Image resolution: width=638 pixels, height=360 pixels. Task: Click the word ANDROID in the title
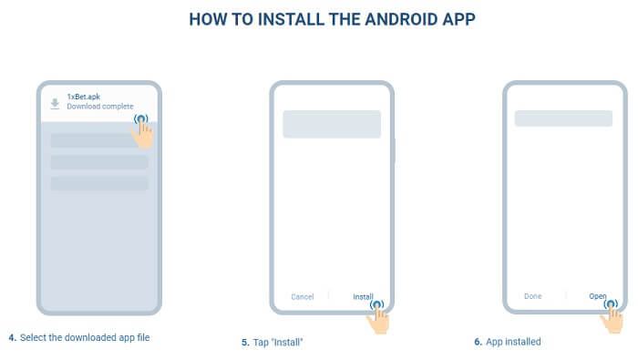point(401,19)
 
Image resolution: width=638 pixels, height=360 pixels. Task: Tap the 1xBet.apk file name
point(84,97)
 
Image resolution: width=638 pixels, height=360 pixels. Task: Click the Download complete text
point(100,106)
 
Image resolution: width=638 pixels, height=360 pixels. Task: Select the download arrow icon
point(55,104)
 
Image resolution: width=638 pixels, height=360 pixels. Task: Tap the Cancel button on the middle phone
point(303,296)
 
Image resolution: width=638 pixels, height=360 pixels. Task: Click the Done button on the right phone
point(532,296)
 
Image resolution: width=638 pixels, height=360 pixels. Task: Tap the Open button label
point(598,296)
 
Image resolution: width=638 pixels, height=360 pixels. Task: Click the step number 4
point(12,337)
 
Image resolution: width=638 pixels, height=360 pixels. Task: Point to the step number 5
point(245,343)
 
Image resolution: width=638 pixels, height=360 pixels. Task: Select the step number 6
point(478,342)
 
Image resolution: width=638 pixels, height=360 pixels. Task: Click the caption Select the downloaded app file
point(85,337)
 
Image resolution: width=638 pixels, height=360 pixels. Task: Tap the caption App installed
point(513,342)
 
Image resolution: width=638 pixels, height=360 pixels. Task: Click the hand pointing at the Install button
point(378,318)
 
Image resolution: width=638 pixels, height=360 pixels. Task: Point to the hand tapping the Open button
point(612,317)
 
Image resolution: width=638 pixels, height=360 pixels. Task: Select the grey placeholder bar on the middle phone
point(332,124)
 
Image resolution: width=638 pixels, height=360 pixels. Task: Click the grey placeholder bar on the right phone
point(563,118)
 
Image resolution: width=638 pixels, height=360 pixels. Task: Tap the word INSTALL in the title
point(291,19)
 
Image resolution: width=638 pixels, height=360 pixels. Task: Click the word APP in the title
point(458,19)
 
